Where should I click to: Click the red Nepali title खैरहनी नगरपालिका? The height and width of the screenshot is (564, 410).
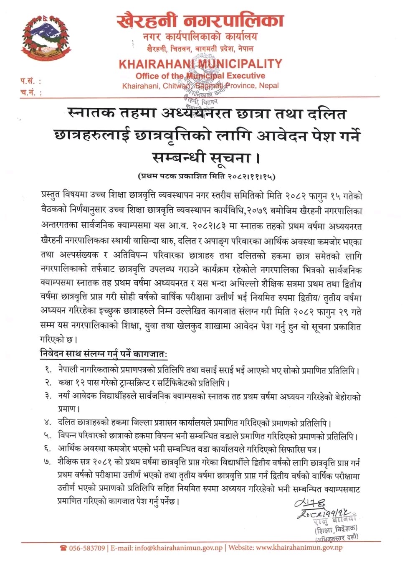tap(200, 20)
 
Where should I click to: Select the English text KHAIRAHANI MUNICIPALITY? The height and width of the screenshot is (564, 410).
tap(200, 64)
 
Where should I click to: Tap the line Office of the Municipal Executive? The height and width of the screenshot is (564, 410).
tap(200, 76)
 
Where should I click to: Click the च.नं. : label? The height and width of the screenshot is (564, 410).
tap(30, 93)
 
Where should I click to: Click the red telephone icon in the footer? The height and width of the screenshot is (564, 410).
tap(63, 548)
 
